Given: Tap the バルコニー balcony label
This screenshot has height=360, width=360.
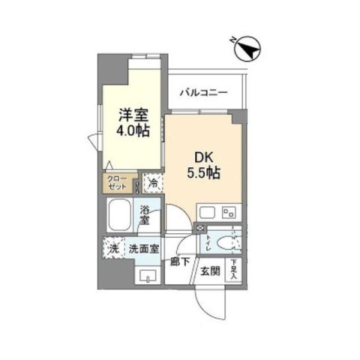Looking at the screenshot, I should pyautogui.click(x=203, y=93).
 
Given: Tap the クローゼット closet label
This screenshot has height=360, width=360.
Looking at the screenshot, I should pyautogui.click(x=118, y=183).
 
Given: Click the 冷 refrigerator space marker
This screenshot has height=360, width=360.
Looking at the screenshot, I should pyautogui.click(x=152, y=182).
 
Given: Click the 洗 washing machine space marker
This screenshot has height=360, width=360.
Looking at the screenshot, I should pyautogui.click(x=115, y=248).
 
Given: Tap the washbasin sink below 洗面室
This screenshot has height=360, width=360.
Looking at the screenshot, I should pyautogui.click(x=147, y=275).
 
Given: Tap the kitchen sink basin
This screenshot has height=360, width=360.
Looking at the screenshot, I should pyautogui.click(x=208, y=211).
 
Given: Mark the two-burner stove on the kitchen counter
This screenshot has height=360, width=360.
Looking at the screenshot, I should pyautogui.click(x=229, y=211).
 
